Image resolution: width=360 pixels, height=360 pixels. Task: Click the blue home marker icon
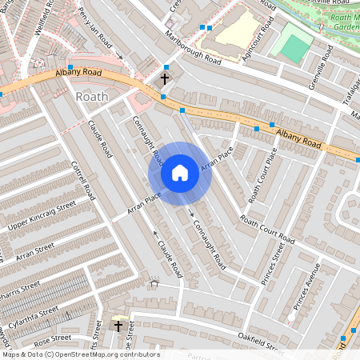tap(180, 173)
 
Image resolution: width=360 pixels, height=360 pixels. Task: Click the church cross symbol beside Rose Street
tap(118, 326)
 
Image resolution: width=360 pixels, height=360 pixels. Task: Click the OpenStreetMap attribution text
tap(81, 354)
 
